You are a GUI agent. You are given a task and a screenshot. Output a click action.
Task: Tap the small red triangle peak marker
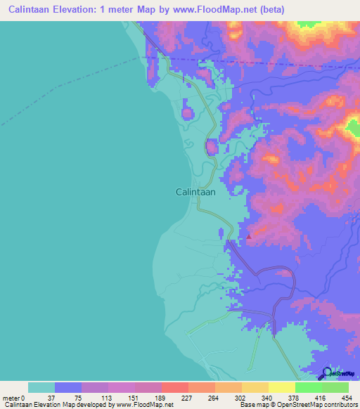pyautogui.click(x=249, y=237)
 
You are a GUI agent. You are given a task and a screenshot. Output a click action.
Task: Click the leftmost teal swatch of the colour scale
pyautogui.click(x=41, y=387)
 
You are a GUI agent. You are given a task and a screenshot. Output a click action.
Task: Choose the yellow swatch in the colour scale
pyautogui.click(x=281, y=387)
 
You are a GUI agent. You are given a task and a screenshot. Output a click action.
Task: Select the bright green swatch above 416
pyautogui.click(x=308, y=387)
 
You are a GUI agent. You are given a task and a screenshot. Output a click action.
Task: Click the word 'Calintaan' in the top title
pyautogui.click(x=33, y=9)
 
